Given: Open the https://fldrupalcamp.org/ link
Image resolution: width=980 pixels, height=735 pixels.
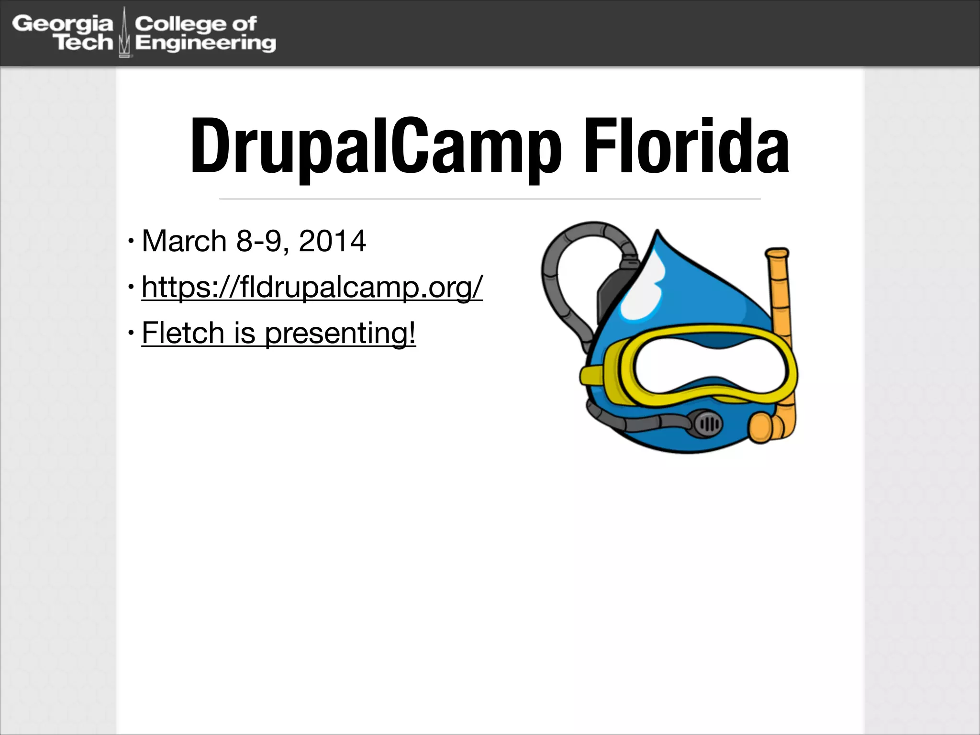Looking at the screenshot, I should [x=312, y=287].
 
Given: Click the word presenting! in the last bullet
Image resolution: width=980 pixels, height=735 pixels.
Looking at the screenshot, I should [x=340, y=334].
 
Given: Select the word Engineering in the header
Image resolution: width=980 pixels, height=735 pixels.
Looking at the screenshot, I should [x=206, y=43].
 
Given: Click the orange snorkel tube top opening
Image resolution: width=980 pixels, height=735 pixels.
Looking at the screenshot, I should [x=776, y=253].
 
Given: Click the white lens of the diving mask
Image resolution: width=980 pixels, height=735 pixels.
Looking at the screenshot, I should [x=710, y=367].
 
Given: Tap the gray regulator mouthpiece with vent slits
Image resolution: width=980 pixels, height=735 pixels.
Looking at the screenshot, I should [x=707, y=423].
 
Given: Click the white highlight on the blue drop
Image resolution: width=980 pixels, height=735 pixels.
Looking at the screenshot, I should [x=644, y=292].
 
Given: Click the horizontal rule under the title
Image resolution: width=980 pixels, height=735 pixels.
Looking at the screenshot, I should [x=490, y=199].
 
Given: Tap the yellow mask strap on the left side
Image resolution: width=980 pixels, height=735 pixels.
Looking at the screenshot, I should [x=592, y=376].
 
